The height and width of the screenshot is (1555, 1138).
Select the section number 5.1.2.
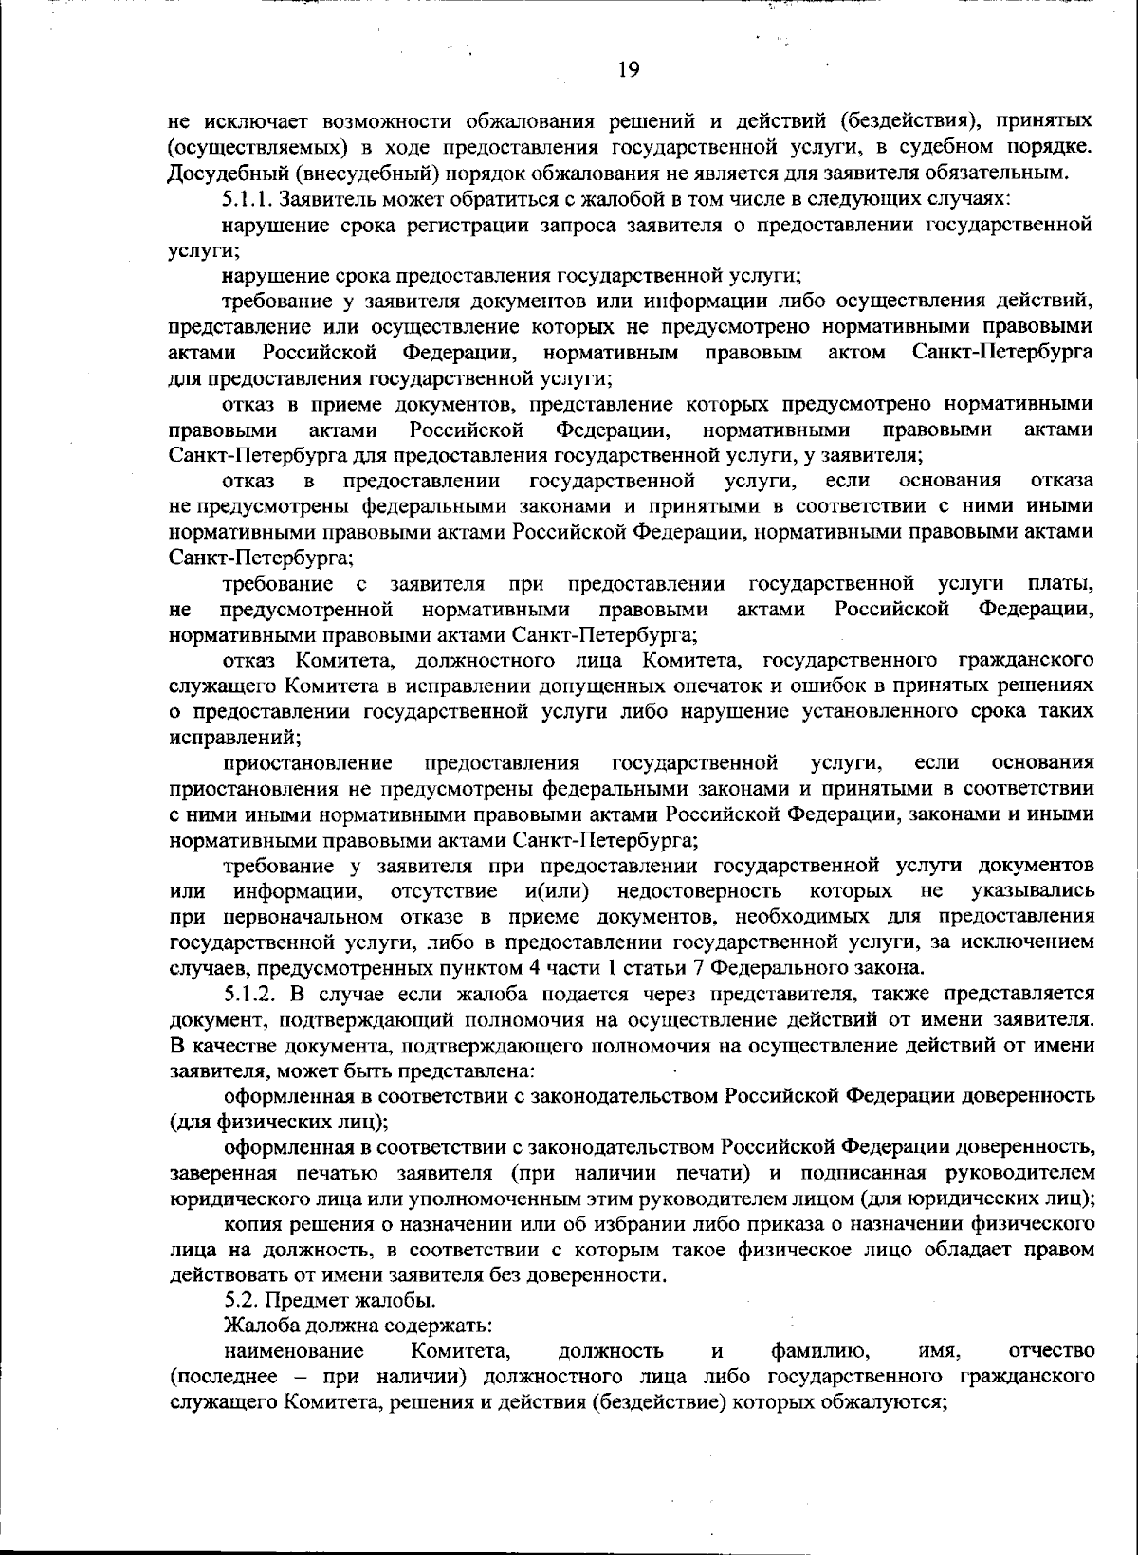pyautogui.click(x=249, y=994)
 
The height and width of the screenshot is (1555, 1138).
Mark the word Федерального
pyautogui.click(x=780, y=968)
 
